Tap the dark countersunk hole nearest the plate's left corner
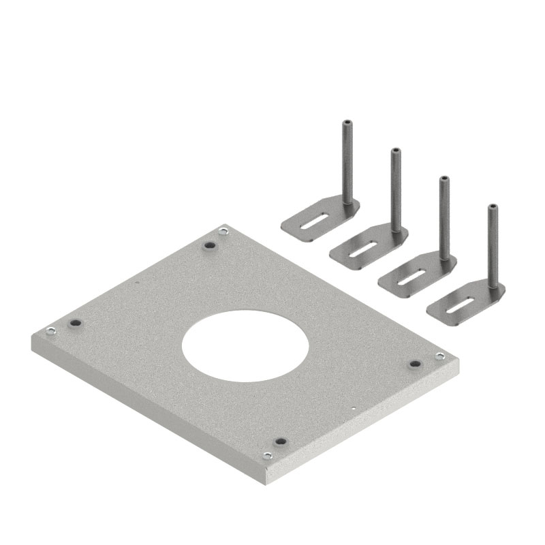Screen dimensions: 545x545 pos(75,322)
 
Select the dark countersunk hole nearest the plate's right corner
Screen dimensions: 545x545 pos(414,364)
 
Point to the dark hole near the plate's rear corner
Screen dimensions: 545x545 pos(210,243)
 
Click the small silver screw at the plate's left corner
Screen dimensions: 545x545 pos(50,332)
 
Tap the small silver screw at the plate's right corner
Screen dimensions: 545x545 pos(439,356)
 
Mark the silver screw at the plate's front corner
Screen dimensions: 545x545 pos(267,456)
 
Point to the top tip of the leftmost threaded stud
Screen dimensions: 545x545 pos(346,121)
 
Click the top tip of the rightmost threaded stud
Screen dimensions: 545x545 pos(492,206)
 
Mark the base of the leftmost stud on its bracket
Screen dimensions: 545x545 pos(347,203)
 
